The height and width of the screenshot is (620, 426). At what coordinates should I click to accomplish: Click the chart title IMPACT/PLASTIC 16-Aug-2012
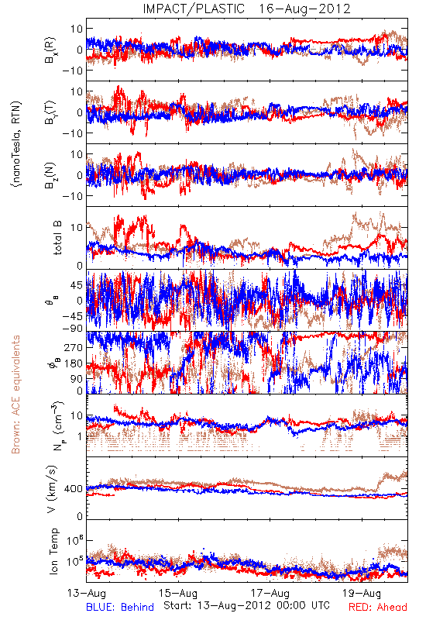click(x=246, y=9)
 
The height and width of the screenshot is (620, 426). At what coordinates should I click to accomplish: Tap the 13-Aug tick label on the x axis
click(x=87, y=594)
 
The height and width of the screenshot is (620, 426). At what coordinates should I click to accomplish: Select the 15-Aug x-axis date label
click(x=178, y=594)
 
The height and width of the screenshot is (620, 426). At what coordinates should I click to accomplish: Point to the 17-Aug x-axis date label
click(x=270, y=594)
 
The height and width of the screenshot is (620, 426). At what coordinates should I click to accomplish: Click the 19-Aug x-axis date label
click(x=362, y=594)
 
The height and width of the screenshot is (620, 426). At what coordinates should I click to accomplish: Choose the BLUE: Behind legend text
click(x=120, y=607)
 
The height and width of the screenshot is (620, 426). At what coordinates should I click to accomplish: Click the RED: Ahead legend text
click(x=378, y=607)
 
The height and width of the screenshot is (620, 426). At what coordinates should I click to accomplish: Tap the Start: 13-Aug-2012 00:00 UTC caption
click(x=246, y=605)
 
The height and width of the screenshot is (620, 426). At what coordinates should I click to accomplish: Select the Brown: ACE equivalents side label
click(x=15, y=394)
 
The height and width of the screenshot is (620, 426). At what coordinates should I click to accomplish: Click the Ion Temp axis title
click(x=54, y=551)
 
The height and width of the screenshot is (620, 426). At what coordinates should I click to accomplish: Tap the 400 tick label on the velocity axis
click(x=74, y=489)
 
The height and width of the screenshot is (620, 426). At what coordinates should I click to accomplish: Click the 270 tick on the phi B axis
click(x=74, y=347)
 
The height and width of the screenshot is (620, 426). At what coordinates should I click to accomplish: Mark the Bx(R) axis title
click(x=50, y=50)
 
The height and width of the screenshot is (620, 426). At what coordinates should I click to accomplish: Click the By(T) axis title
click(x=50, y=112)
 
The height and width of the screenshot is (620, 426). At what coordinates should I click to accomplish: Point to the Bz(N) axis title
click(x=50, y=175)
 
